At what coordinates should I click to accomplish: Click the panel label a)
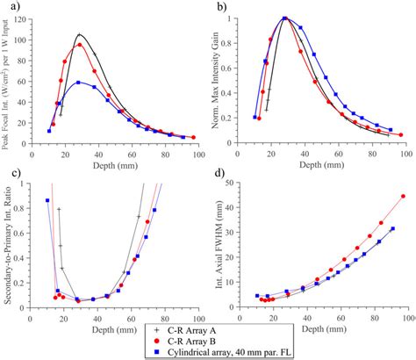pyautogui.click(x=13, y=8)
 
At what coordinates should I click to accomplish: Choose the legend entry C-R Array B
pyautogui.click(x=193, y=341)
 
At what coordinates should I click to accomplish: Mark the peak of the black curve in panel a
pyautogui.click(x=79, y=35)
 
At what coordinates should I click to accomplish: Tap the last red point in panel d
pyautogui.click(x=403, y=197)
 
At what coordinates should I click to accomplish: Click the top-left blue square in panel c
pyautogui.click(x=47, y=200)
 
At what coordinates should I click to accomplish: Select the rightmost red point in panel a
pyautogui.click(x=194, y=138)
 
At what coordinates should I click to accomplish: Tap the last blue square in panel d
pyautogui.click(x=392, y=229)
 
